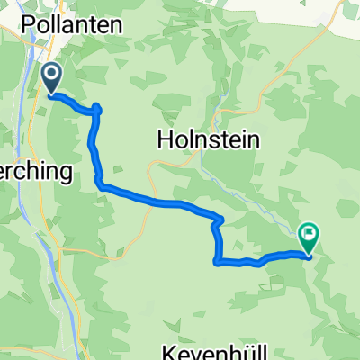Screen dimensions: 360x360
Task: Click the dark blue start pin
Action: click(x=51, y=78)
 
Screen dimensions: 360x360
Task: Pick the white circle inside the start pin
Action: click(x=51, y=74)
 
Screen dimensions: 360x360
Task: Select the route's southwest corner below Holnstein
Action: click(x=217, y=262)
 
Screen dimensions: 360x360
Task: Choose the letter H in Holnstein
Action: click(x=165, y=140)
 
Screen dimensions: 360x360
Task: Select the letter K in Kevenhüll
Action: click(x=167, y=349)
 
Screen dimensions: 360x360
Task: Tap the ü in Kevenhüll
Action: click(x=235, y=349)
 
